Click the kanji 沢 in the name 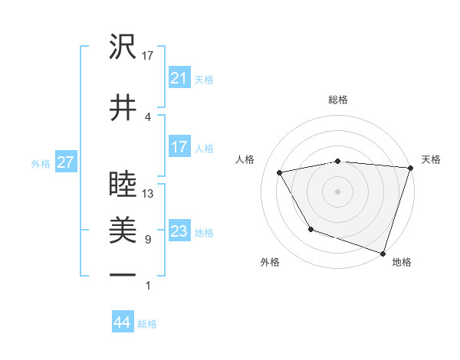[x=123, y=48]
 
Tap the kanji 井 [x=123, y=108]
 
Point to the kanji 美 [x=123, y=229]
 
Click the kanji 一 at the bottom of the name [x=123, y=274]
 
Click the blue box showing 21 [x=179, y=78]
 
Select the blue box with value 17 [x=179, y=147]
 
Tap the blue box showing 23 [x=179, y=231]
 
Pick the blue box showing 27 [x=65, y=162]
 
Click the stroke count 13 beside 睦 [x=149, y=193]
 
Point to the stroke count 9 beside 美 [x=147, y=240]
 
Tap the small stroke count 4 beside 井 [x=147, y=116]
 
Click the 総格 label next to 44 [x=147, y=324]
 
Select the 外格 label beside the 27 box [x=41, y=163]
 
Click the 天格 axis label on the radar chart [x=432, y=159]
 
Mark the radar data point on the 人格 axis [x=280, y=173]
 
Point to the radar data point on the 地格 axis [x=383, y=253]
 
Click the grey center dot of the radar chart [x=338, y=191]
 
